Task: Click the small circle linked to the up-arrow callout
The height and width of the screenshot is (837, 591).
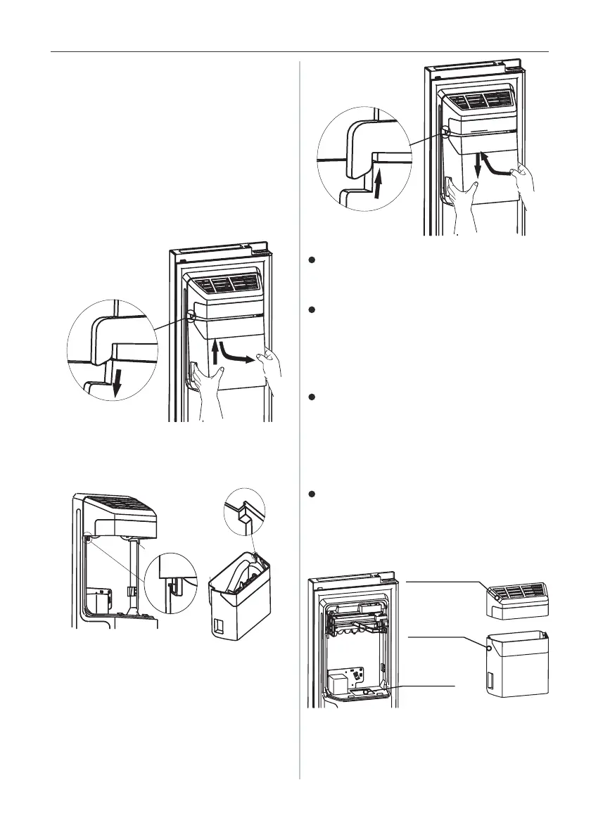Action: pos(446,130)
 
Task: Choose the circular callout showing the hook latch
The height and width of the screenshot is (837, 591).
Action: pos(169,578)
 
